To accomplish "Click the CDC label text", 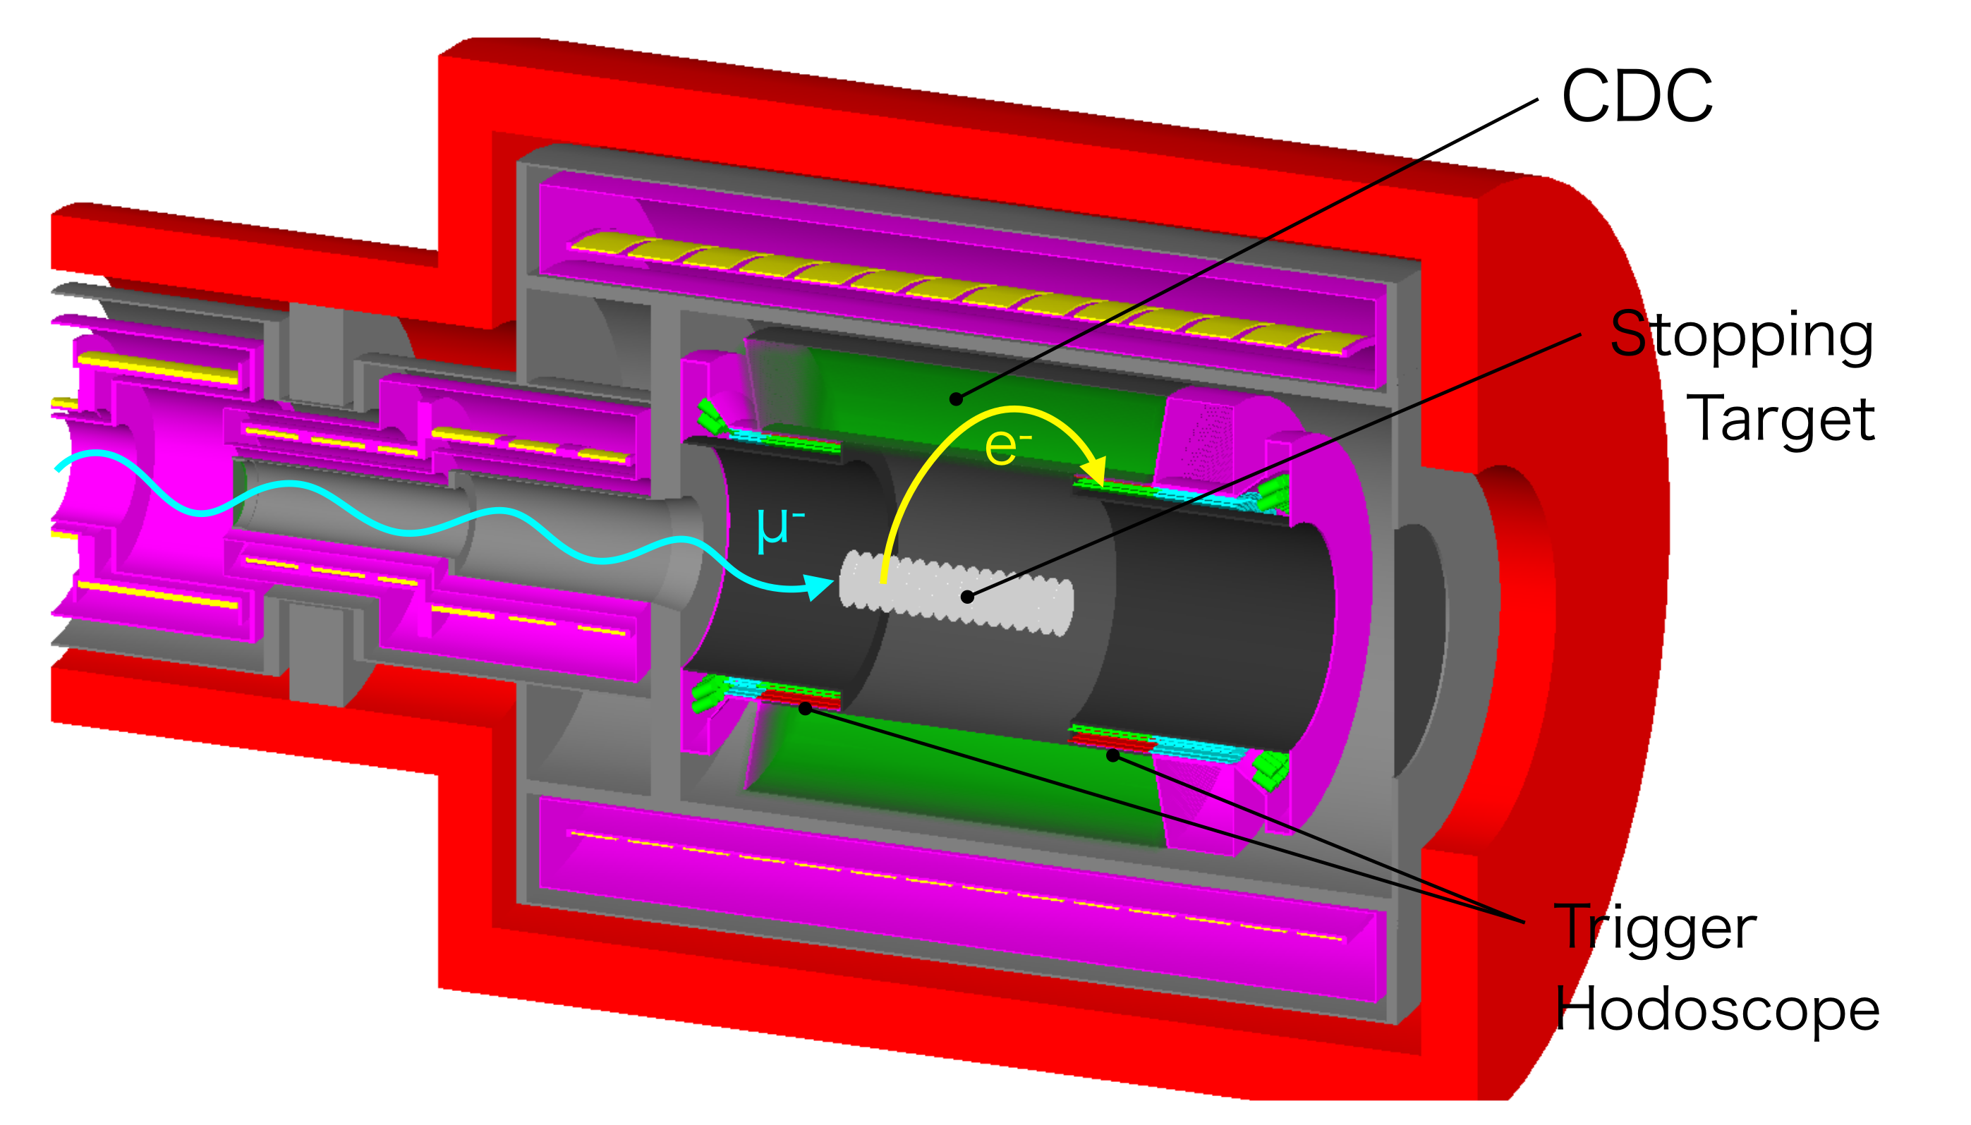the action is tap(1637, 96).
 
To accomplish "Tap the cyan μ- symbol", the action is tap(780, 528).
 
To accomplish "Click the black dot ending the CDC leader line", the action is tap(957, 399).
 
